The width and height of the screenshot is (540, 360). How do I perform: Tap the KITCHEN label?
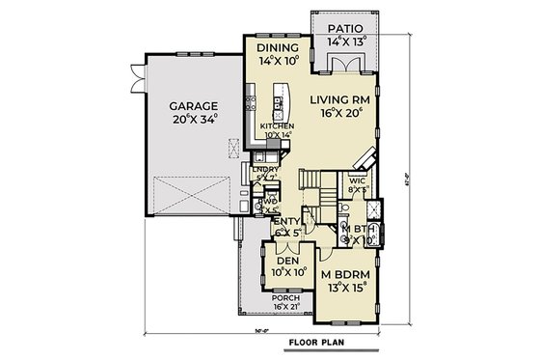(x=277, y=127)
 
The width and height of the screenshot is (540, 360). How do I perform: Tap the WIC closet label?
(x=357, y=180)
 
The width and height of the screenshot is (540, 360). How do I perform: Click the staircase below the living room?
(x=310, y=180)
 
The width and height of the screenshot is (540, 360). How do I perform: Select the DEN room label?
(x=286, y=261)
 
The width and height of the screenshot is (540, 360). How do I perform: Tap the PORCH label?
(x=284, y=298)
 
